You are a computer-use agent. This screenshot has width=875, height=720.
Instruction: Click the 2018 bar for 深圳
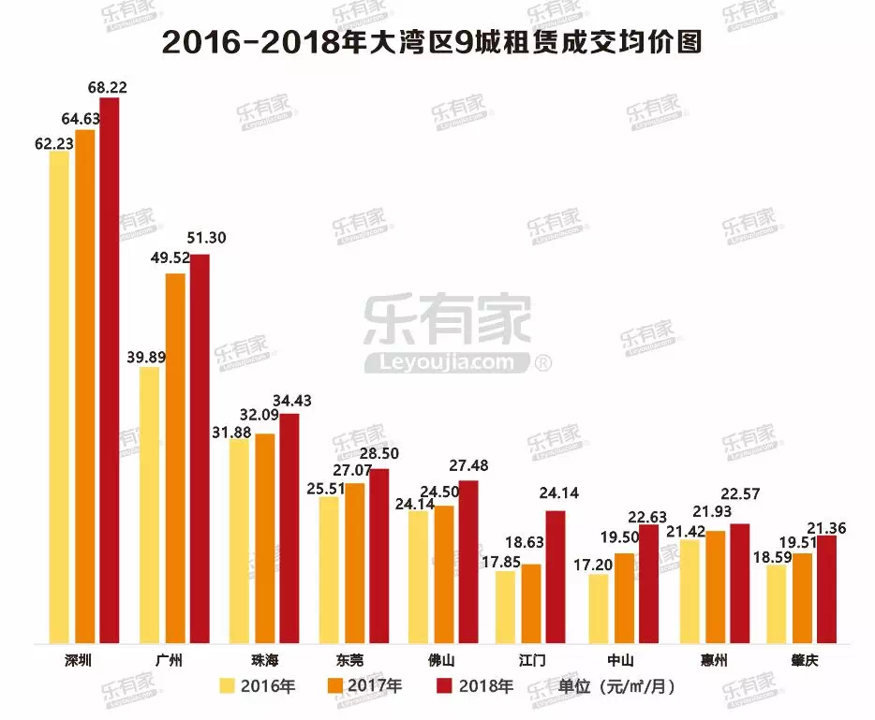tap(110, 370)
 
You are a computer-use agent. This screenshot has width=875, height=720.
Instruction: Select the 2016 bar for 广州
tap(149, 506)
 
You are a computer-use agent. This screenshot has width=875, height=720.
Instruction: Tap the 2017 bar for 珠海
tap(265, 538)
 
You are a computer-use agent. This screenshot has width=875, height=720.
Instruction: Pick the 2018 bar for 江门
tap(556, 577)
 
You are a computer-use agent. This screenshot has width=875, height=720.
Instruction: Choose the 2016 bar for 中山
tap(599, 609)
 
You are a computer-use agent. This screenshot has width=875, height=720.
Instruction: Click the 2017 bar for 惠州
tap(714, 587)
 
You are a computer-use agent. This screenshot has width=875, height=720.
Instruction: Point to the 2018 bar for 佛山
tap(467, 562)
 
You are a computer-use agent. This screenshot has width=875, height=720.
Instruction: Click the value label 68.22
tap(107, 88)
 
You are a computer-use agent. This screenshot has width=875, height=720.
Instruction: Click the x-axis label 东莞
tap(355, 661)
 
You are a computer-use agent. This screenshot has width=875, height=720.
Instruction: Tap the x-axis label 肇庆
tap(803, 661)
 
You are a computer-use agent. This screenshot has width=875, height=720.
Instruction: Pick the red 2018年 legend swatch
tap(445, 687)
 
